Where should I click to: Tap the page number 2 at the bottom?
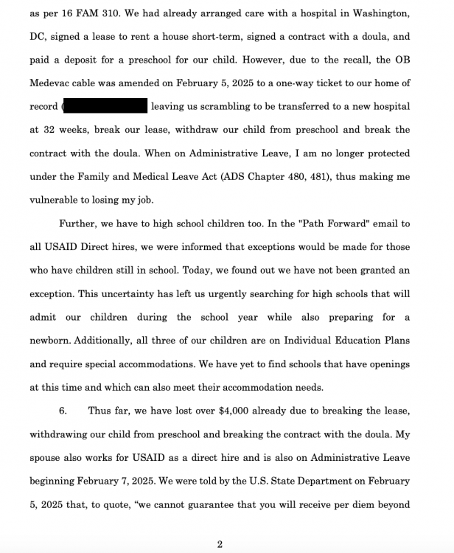tap(219, 545)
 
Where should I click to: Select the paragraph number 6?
tap(63, 411)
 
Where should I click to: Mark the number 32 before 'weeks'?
tap(57, 131)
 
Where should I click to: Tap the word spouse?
tap(46, 458)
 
